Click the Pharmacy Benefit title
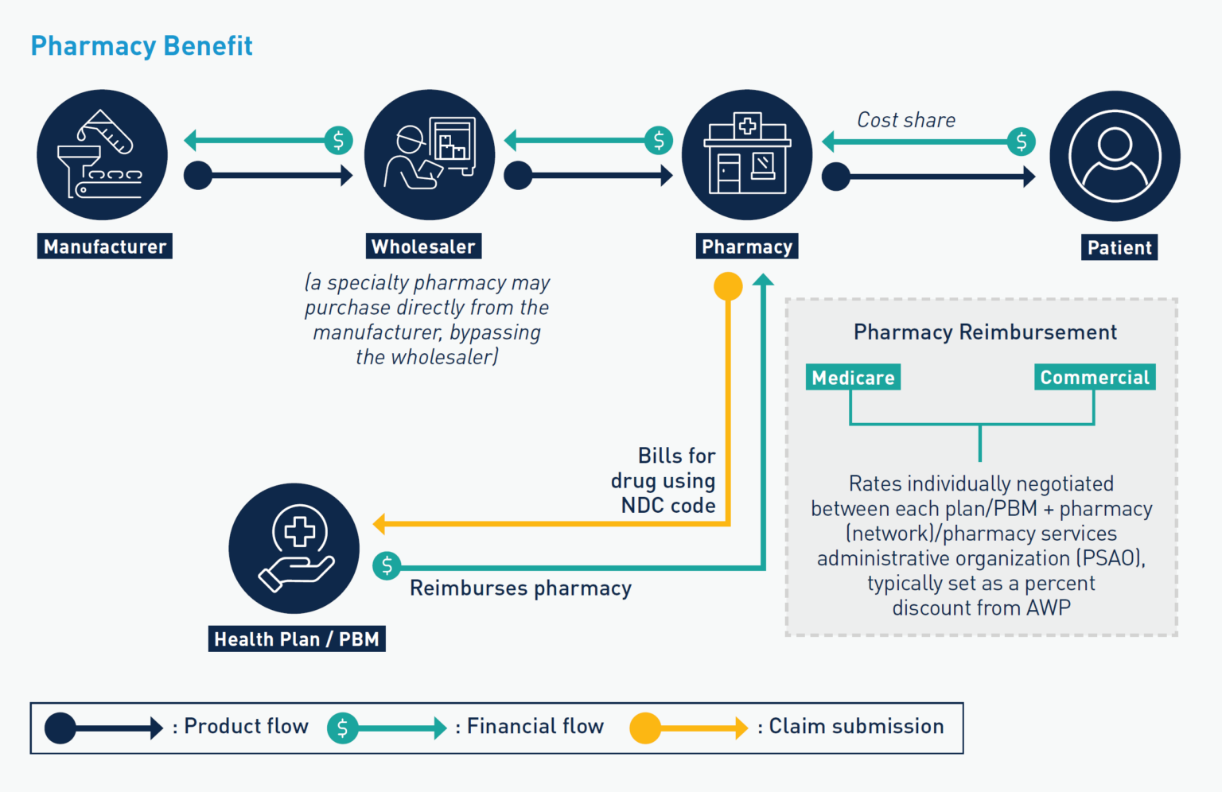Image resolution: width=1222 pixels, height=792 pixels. point(142,46)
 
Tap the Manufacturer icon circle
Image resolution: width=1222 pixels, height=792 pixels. point(102,155)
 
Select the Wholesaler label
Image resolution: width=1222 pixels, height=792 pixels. point(423,247)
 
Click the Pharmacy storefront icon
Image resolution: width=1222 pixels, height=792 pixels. point(747,155)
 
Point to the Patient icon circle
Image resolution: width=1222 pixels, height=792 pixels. point(1115,156)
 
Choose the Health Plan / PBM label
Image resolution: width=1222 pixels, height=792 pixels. point(297,639)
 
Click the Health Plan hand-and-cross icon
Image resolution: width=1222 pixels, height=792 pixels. point(294,549)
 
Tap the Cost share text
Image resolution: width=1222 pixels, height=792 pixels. point(906,120)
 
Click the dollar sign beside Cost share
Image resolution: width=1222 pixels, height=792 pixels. point(1022,142)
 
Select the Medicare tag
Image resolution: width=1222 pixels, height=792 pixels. point(853,378)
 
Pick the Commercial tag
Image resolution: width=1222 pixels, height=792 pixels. point(1095,378)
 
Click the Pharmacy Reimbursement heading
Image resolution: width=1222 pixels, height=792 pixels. point(985,332)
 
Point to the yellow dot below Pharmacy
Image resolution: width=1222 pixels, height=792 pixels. point(728,286)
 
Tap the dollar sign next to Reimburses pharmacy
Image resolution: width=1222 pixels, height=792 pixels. point(387,566)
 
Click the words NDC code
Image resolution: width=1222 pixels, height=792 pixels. point(668,506)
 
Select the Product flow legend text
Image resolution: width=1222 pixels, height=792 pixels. point(246,727)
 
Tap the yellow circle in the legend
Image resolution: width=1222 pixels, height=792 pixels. point(644,728)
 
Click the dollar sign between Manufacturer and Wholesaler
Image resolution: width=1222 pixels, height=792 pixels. point(338,141)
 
